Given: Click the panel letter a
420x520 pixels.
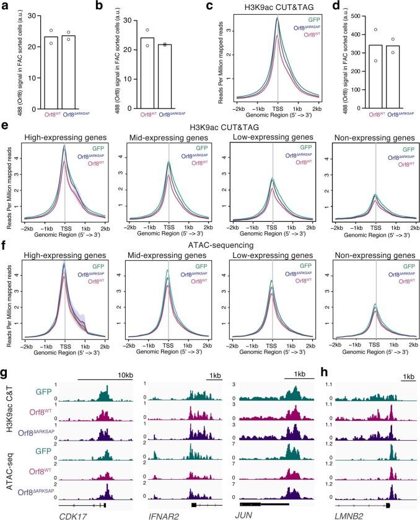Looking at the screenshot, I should click(5, 6).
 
